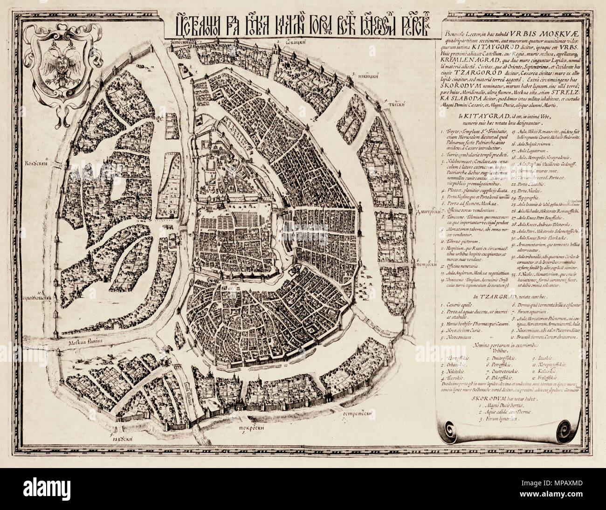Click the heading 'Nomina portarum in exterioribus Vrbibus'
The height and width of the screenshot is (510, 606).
[509, 345]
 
